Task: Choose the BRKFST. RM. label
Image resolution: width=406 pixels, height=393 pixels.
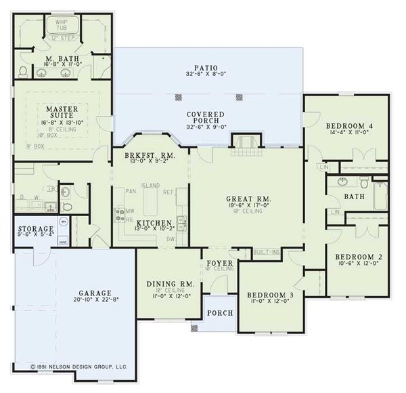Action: (150, 154)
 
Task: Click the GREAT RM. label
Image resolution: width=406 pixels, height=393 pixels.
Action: (248, 199)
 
